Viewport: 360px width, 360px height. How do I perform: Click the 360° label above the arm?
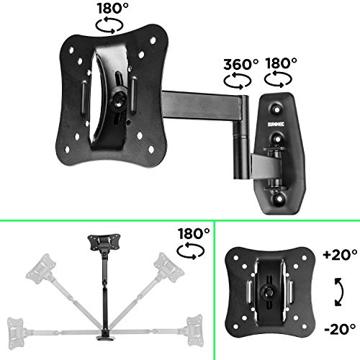[x=241, y=64]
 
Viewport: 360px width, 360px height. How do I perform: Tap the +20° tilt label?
[x=341, y=254]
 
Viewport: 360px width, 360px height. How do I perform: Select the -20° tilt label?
[x=340, y=329]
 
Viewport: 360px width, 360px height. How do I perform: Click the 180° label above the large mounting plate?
[x=113, y=8]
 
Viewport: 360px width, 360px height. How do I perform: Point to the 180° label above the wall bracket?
[x=281, y=63]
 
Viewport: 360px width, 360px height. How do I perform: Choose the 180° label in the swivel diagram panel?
[x=194, y=233]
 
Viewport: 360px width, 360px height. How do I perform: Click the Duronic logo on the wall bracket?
[x=276, y=125]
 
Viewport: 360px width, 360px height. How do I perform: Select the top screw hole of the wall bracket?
[x=277, y=109]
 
